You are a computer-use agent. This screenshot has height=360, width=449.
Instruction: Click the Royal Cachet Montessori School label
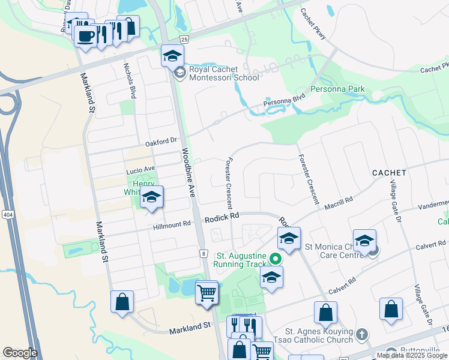pos(224,73)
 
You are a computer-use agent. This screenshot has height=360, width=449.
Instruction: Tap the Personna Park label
pos(337,89)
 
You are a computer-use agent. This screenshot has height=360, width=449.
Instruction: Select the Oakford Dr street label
pos(161,143)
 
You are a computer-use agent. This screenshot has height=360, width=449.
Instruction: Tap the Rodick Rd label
pos(221,216)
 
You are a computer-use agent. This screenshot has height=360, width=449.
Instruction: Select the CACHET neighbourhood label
pos(389,173)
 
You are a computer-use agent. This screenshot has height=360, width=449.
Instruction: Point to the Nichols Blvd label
pos(129,80)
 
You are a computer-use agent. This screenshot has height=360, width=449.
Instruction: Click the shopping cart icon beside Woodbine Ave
pos(206,293)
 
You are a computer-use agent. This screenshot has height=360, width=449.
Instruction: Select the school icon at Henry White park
pos(152,197)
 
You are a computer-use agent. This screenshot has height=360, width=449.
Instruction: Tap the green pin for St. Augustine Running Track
pos(276,259)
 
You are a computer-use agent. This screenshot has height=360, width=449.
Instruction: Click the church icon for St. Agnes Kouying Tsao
pos(361,334)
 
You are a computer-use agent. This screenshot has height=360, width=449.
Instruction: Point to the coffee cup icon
pos(85,35)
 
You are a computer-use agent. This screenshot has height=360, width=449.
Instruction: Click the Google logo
pos(20,353)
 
